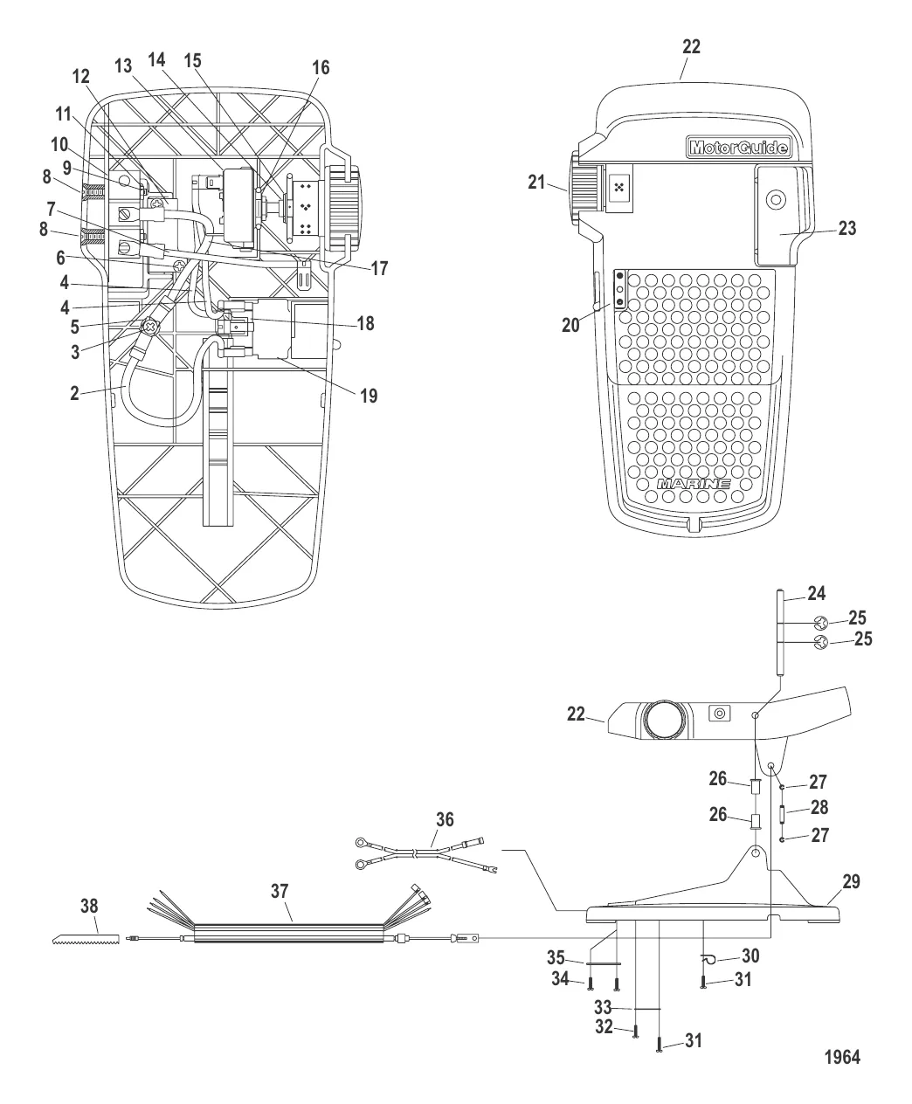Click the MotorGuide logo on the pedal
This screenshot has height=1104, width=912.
[738, 148]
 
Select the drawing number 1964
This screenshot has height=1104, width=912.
[842, 1057]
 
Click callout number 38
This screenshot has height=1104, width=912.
[89, 906]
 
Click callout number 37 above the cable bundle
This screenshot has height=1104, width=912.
[279, 891]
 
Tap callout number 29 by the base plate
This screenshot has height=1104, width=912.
[851, 882]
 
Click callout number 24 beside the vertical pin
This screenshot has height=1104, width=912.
[816, 593]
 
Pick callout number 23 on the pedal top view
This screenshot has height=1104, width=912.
[846, 228]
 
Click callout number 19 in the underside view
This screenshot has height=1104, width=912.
[368, 396]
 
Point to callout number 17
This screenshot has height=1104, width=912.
[378, 268]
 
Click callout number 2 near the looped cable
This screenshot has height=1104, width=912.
[75, 393]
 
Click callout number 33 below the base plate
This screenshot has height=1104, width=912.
[602, 1007]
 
